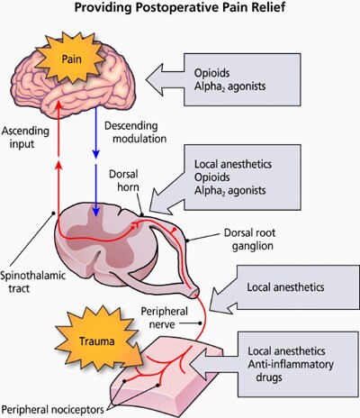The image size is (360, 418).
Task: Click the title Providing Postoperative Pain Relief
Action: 179,10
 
